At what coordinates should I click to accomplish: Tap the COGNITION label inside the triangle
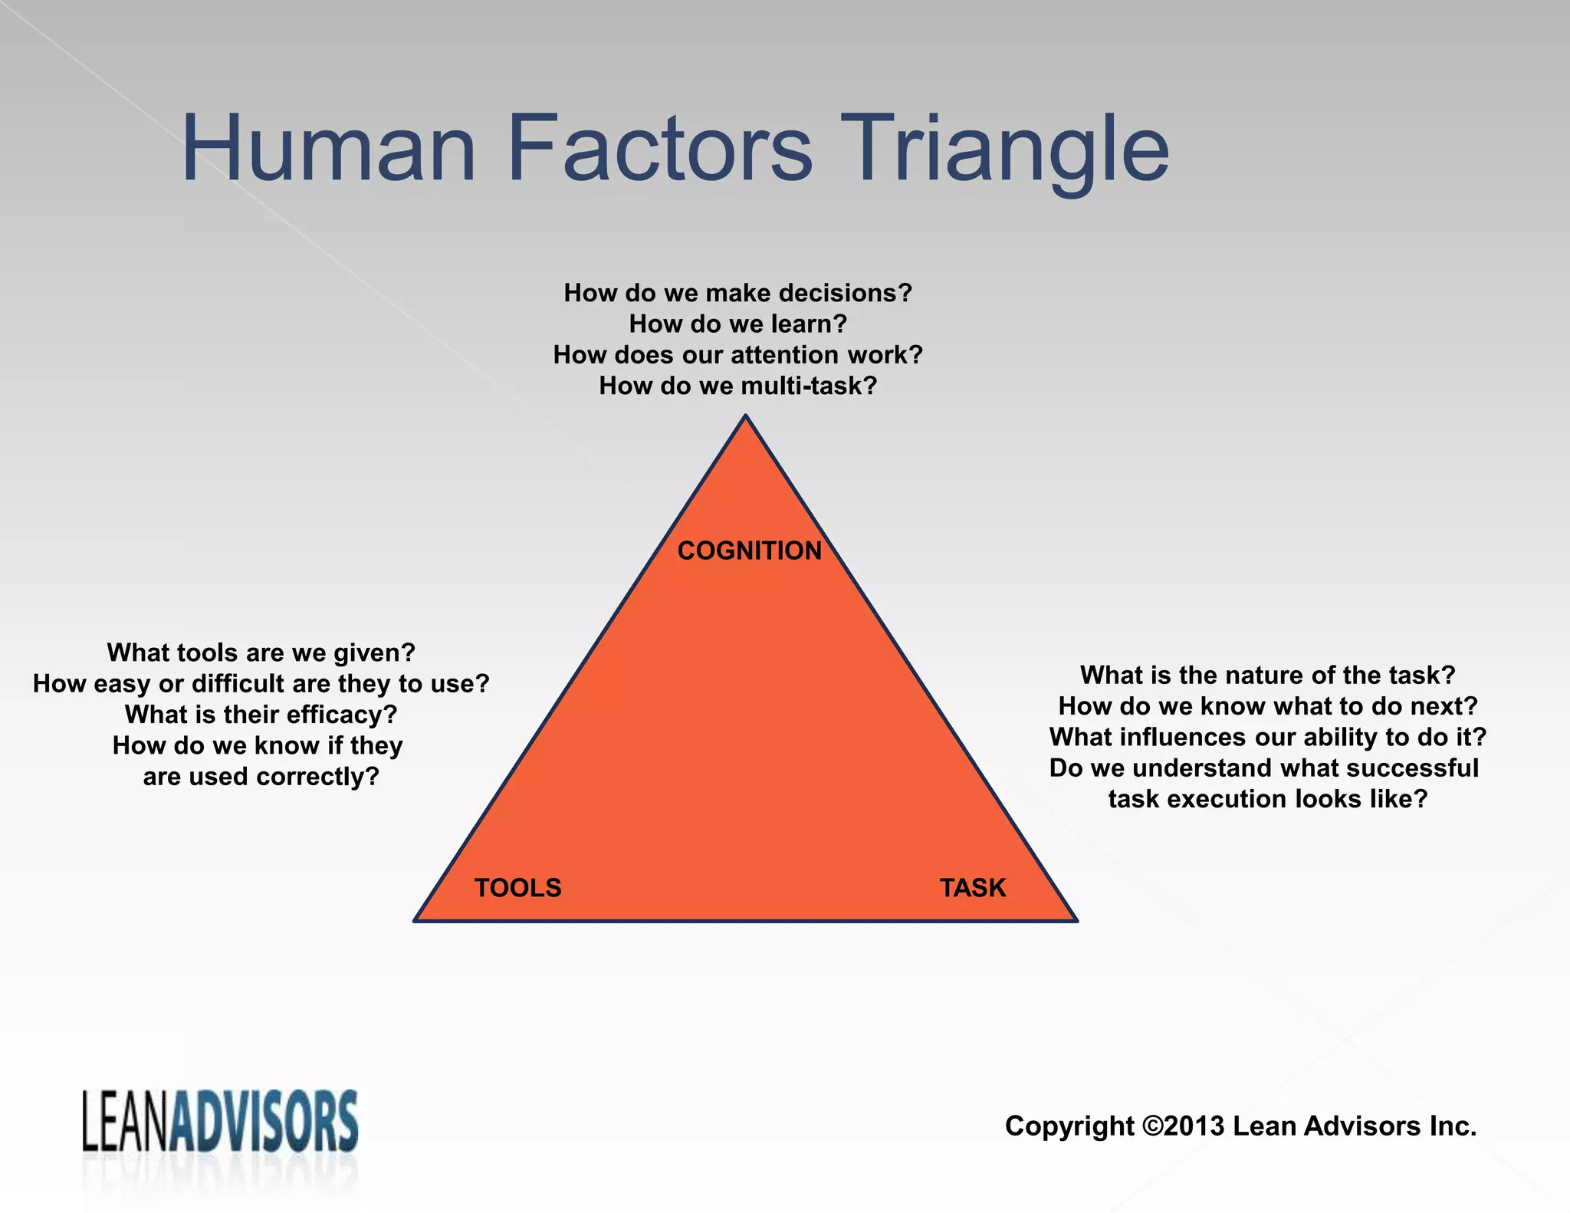749,551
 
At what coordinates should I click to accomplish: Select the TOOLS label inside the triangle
517,888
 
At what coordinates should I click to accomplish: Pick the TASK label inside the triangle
972,888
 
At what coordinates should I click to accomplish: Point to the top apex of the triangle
745,418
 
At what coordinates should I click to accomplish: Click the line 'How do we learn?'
737,324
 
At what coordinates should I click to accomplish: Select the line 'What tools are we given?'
261,653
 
